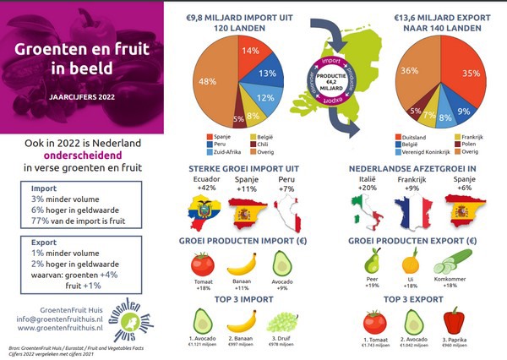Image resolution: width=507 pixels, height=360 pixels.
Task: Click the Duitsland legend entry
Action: [414, 137]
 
